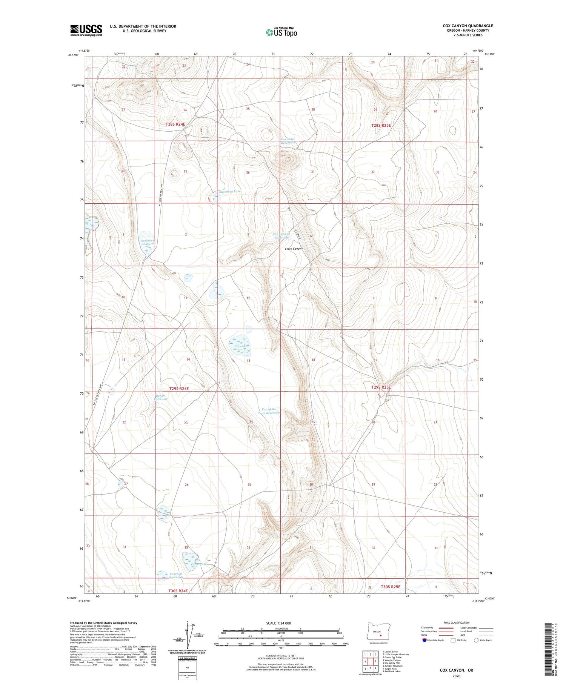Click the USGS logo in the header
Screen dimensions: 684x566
(x=86, y=30)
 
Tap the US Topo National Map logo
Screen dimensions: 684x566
(x=281, y=32)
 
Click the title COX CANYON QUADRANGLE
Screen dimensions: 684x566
(x=468, y=26)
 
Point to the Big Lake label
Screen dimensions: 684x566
(x=240, y=346)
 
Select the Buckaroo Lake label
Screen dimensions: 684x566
(x=230, y=191)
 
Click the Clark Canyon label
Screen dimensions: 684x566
(x=294, y=249)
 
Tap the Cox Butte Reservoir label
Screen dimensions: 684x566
(x=288, y=141)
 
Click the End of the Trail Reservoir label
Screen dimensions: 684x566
(x=269, y=411)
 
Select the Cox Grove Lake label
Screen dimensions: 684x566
(x=147, y=242)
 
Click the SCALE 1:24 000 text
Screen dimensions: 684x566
(x=278, y=623)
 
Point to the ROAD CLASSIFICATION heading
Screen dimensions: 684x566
(x=457, y=623)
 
